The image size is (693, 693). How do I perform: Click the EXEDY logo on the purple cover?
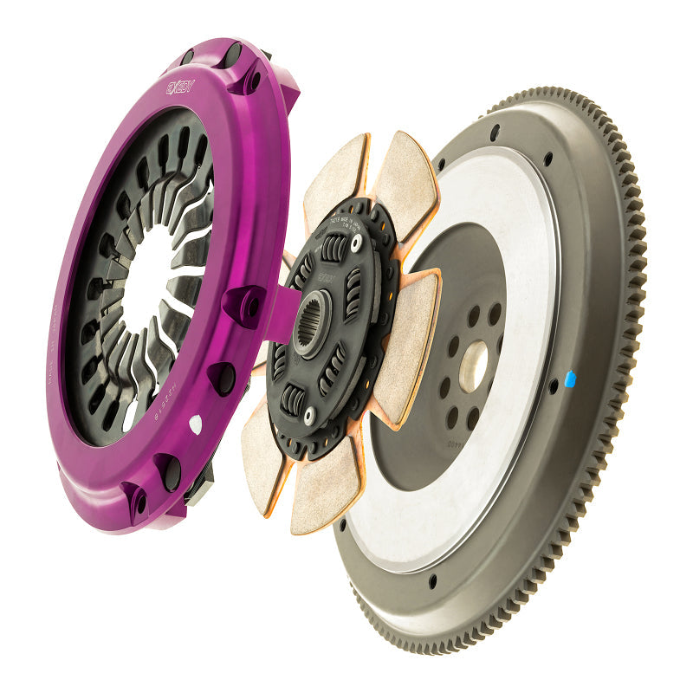point(181,87)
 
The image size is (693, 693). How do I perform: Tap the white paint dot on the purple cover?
point(196,424)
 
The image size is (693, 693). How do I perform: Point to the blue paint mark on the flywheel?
point(569,379)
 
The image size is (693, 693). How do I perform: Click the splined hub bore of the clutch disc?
point(312,323)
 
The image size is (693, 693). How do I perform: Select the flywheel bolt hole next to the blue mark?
point(552,386)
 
